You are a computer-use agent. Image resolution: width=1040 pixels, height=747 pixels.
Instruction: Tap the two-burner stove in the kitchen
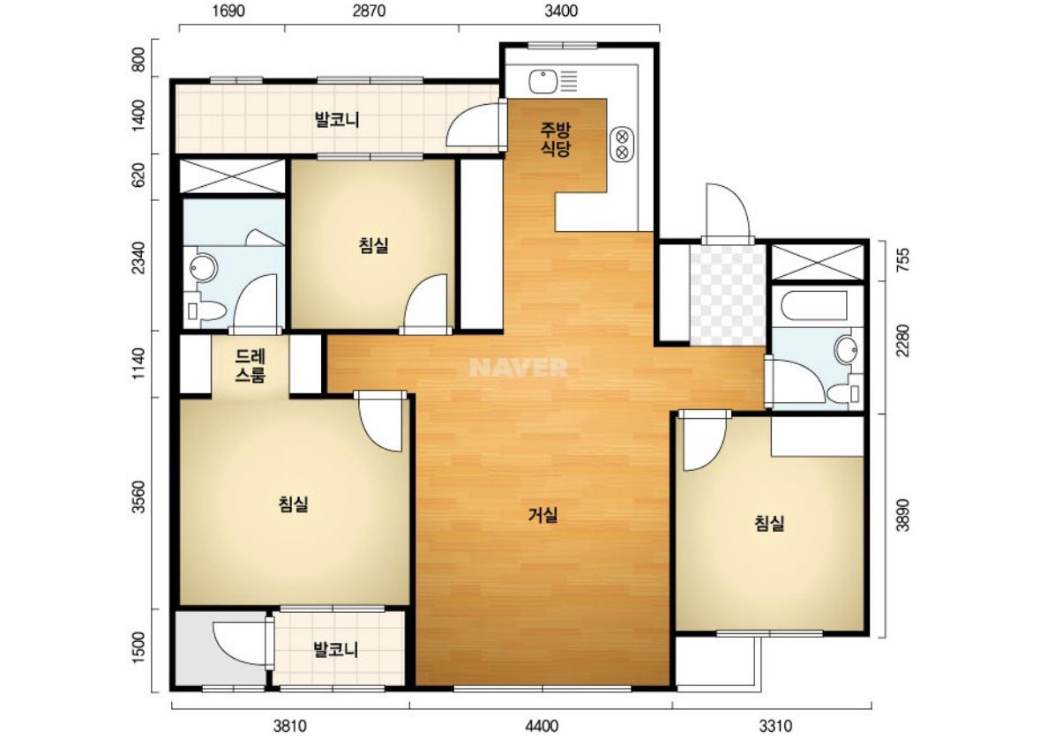pos(622,144)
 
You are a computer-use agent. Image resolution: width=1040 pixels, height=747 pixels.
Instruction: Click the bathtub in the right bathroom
pos(814,306)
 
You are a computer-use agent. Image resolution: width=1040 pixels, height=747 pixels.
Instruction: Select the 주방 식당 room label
pos(556,138)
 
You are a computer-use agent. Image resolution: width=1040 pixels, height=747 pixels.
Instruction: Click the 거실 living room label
pos(542,515)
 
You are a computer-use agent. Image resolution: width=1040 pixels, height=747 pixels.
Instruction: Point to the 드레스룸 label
pos(250,365)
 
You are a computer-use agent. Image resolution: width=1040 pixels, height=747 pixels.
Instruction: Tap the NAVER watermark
pos(519,368)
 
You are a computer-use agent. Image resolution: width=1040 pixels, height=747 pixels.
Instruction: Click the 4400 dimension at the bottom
pos(542,726)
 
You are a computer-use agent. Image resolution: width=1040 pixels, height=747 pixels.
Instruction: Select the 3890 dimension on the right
pos(903,514)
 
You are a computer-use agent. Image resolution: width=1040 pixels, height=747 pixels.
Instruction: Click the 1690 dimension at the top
pos(228,11)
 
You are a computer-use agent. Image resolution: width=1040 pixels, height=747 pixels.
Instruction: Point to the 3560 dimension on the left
pos(138,497)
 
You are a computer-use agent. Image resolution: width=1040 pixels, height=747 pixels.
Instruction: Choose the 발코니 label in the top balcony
pos(337,120)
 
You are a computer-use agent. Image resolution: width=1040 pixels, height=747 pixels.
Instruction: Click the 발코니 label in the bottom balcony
pos(335,649)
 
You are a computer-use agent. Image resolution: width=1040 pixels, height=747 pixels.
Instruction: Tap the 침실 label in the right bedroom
pos(769,524)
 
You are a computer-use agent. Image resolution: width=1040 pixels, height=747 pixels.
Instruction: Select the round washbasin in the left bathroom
pos(202,268)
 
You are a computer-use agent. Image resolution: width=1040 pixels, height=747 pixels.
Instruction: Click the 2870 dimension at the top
pos(369,11)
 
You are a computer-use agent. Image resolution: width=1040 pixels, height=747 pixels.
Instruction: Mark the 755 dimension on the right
pos(903,259)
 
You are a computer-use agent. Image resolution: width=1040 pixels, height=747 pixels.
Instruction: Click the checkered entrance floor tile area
pos(729,295)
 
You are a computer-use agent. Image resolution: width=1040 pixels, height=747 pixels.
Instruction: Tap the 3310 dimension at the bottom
pos(775,726)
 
